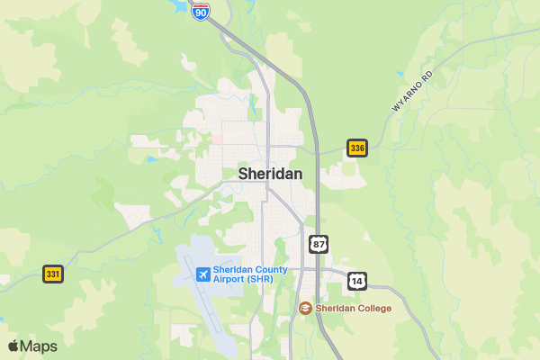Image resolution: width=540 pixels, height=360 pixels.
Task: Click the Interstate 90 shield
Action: coord(202,11)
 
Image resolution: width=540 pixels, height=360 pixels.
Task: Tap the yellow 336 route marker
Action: coord(357,148)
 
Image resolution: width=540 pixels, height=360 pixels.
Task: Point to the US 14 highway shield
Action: coord(358,281)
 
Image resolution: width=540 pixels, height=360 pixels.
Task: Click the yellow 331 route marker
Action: coord(53,274)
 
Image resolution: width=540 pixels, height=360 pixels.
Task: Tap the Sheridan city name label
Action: coord(270,174)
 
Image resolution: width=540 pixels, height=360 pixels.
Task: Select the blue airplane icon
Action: coord(202,274)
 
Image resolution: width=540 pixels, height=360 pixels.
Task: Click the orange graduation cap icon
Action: coord(306,309)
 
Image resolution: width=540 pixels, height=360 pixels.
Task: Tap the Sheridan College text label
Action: coord(353,309)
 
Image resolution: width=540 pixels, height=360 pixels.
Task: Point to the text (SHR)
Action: coord(261,279)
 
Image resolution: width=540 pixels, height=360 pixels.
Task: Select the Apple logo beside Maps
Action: coord(13,346)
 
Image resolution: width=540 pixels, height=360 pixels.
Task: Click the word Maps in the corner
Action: coord(39,346)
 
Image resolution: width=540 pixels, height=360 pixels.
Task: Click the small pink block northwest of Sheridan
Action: coord(217,139)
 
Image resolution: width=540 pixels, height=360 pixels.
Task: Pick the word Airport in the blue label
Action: coord(230,279)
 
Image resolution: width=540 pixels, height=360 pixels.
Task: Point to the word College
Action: coord(373,309)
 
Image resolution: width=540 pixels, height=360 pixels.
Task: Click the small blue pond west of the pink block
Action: coord(150,159)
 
